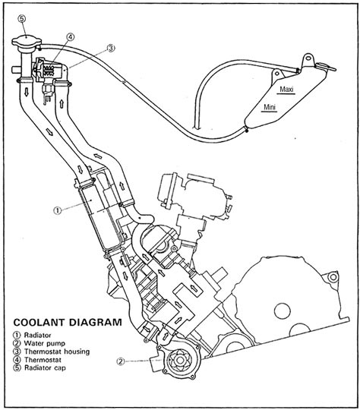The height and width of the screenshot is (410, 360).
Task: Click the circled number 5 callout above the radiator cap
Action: pos(22,18)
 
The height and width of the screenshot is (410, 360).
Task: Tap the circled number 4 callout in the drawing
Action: pos(71,37)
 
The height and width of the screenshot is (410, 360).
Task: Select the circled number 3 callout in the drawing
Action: pos(111,48)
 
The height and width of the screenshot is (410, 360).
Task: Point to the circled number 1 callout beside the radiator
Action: pos(58,210)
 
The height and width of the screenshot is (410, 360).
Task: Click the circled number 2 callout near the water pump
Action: pos(121,361)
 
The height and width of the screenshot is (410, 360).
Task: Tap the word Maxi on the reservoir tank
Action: pos(287,89)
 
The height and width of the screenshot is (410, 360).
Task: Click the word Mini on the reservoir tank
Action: pos(270,107)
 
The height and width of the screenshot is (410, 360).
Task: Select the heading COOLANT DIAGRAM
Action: pos(68,322)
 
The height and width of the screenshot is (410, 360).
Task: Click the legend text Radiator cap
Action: pos(45,367)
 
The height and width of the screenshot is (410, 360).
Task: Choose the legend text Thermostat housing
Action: pos(57,352)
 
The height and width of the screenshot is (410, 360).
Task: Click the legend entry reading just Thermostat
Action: pos(43,360)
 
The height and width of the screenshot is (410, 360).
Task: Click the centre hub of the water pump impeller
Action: pos(179,361)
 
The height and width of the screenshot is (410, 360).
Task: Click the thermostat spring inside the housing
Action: pos(49,70)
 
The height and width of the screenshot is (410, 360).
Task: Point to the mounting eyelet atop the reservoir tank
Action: pos(309,58)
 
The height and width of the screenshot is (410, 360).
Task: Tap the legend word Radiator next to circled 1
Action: pos(38,335)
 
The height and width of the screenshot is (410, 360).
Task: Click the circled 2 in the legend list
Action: pos(17,343)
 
